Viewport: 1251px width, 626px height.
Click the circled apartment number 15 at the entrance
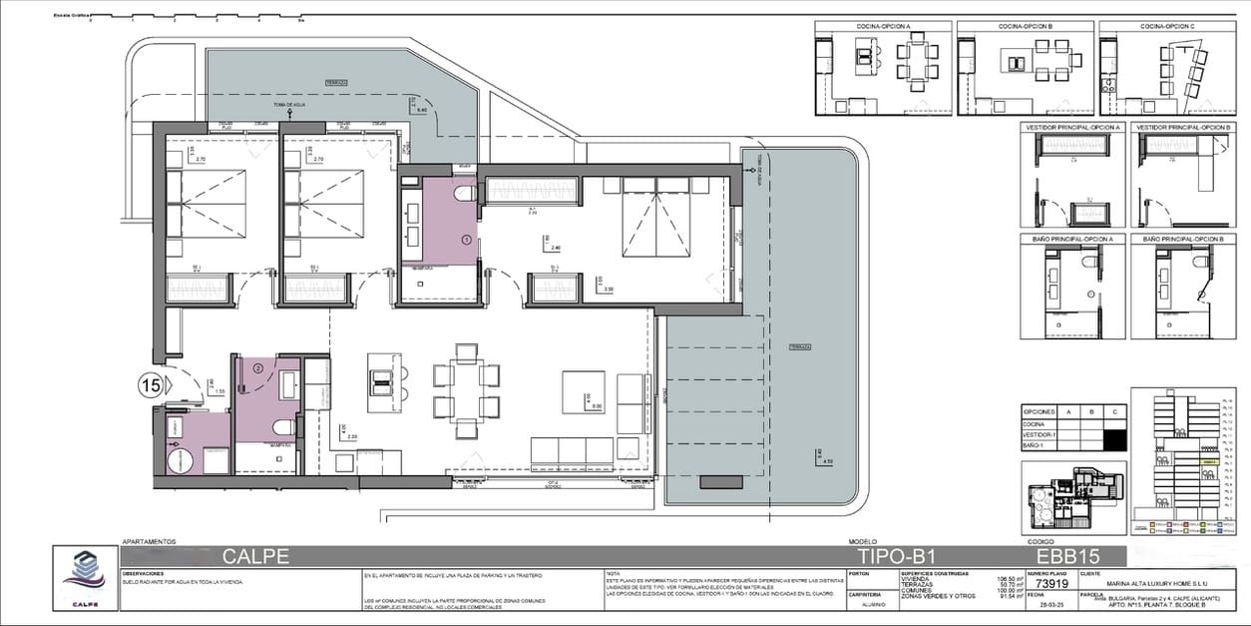point(151,382)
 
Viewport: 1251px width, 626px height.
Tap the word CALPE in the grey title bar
point(256,555)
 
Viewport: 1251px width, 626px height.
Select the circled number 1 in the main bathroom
point(466,240)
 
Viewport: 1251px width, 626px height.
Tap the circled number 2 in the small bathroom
point(257,367)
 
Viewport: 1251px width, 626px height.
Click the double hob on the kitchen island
point(381,377)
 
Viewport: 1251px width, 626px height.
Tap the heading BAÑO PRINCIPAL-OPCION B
point(1184,240)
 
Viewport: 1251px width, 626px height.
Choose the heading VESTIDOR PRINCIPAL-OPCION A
point(1073,128)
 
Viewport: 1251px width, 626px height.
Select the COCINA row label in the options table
point(1034,424)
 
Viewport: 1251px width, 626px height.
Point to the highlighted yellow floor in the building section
point(1208,462)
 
